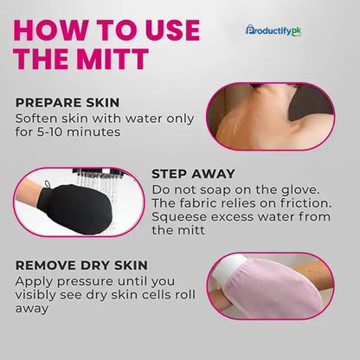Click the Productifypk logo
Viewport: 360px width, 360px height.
click(x=273, y=30)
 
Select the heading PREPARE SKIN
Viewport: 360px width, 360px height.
click(x=67, y=103)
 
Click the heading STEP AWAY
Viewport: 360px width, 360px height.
click(x=193, y=174)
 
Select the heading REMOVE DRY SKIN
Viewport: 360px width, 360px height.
click(x=81, y=266)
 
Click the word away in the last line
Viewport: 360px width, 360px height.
click(x=32, y=309)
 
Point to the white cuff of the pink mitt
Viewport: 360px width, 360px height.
click(x=228, y=272)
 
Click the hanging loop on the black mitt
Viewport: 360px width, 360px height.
click(x=47, y=184)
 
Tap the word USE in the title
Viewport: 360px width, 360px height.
click(x=172, y=29)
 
